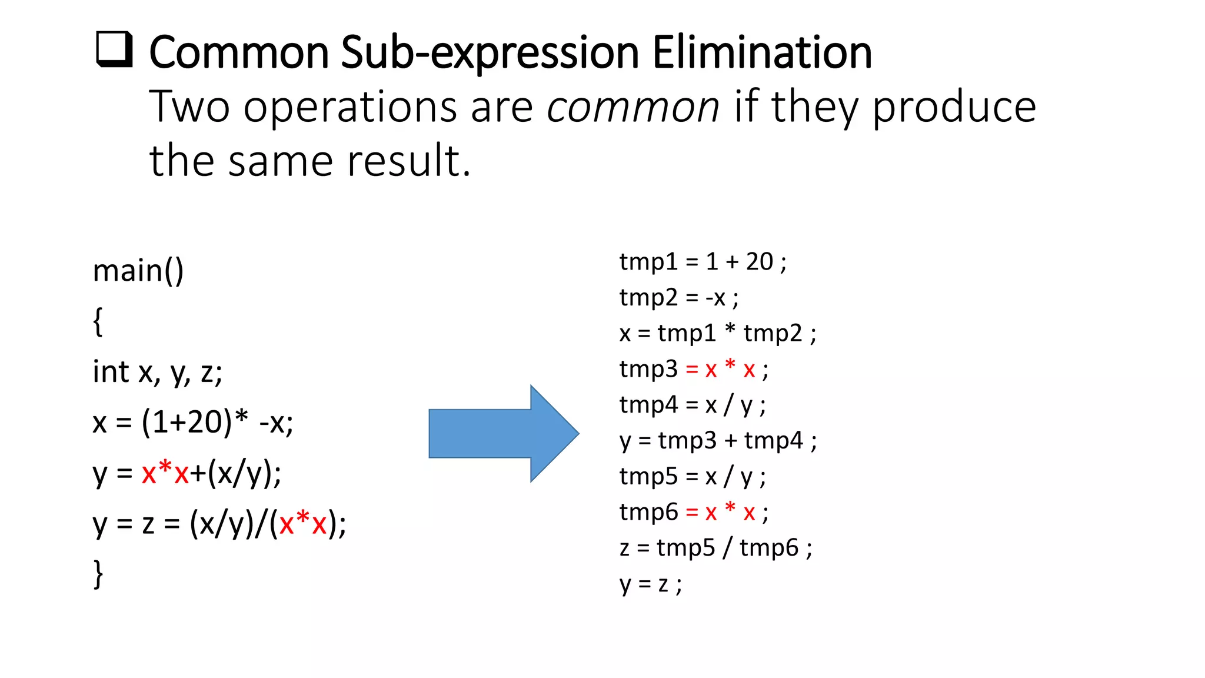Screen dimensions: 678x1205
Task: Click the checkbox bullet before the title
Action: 114,49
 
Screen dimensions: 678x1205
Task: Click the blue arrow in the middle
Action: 503,434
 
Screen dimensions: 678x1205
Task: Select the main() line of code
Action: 138,271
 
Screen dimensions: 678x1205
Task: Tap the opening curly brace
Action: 98,322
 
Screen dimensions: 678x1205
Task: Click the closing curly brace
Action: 98,574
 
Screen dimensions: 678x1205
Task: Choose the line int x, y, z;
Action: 158,372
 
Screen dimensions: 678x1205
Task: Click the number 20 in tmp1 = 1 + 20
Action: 759,262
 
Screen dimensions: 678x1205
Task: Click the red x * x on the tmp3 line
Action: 730,369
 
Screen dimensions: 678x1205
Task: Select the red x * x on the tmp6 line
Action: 730,512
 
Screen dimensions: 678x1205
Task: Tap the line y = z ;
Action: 650,584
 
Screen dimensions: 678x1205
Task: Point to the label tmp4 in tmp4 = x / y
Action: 648,405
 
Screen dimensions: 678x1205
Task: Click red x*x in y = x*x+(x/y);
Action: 165,473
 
